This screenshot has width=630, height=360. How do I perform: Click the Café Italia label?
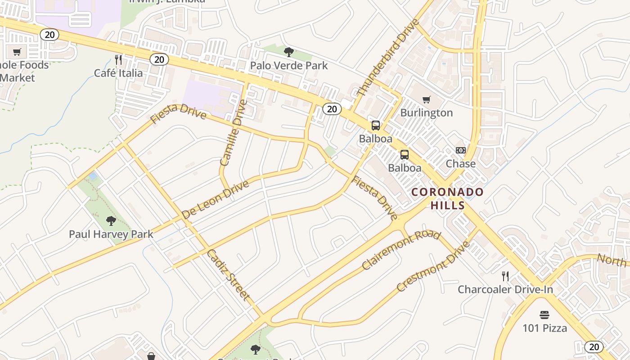(x=118, y=73)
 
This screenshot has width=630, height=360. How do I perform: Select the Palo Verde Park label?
(x=289, y=66)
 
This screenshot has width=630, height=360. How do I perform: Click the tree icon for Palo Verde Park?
(x=289, y=52)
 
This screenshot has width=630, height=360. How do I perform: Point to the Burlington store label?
(x=426, y=112)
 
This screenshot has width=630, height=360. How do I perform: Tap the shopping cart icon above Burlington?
(x=426, y=99)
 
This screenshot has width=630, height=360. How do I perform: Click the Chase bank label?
(x=460, y=164)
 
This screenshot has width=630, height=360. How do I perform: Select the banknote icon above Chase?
(x=460, y=150)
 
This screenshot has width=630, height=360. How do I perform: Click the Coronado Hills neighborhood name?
(x=448, y=198)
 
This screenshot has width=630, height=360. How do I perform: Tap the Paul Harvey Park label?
(x=111, y=234)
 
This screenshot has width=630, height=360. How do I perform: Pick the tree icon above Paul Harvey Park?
(x=111, y=220)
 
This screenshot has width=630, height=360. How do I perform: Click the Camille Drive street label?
(x=234, y=133)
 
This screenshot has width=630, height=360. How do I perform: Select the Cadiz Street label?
(x=228, y=274)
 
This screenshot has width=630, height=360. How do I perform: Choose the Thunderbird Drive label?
(x=382, y=57)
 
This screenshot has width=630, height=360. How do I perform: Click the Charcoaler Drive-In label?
(x=505, y=289)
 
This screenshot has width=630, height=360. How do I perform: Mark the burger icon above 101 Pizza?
(x=544, y=315)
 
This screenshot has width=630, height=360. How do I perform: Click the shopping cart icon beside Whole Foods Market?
(x=17, y=52)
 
